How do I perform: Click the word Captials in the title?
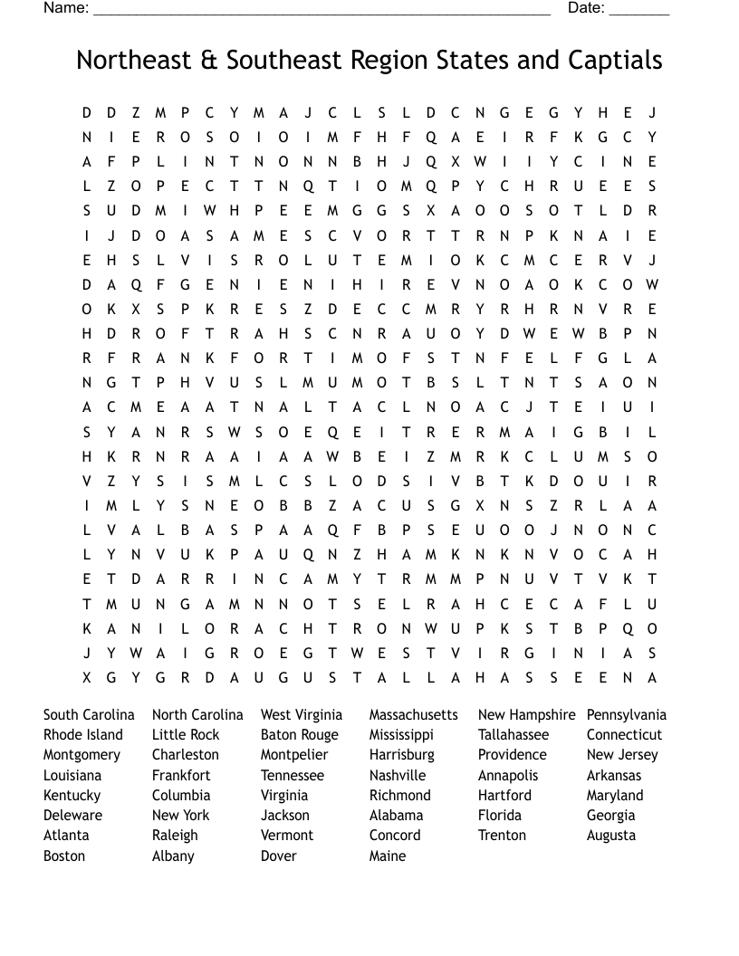click(x=615, y=61)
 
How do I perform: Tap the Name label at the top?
click(x=65, y=8)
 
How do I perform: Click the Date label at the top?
click(x=586, y=8)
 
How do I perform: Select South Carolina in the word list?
click(x=89, y=714)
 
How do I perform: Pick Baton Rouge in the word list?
click(x=299, y=734)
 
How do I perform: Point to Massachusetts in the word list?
click(x=414, y=714)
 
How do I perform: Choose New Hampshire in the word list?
click(x=526, y=714)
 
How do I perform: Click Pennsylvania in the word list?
click(x=626, y=714)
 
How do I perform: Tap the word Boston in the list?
click(x=64, y=856)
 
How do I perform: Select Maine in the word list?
click(x=388, y=856)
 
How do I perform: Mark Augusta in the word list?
click(x=611, y=835)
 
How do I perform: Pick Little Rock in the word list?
click(x=186, y=734)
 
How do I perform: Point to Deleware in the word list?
click(x=72, y=815)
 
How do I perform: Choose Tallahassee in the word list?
click(x=513, y=734)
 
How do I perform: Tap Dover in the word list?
click(x=279, y=856)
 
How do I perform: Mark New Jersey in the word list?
click(x=622, y=754)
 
